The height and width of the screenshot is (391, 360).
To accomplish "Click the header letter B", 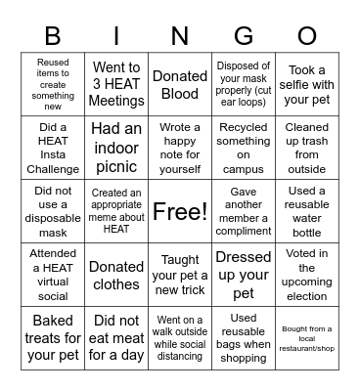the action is (x=53, y=37).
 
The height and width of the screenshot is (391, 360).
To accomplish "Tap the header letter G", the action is (x=244, y=37).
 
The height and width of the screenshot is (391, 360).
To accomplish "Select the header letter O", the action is (x=307, y=37).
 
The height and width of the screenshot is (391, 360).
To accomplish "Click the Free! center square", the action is (x=180, y=211).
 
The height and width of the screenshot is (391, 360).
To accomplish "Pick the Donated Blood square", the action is (x=180, y=84).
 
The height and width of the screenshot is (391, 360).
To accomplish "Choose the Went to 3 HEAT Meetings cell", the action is (x=116, y=84).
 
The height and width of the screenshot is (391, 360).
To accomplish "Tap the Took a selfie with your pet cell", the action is (x=307, y=84).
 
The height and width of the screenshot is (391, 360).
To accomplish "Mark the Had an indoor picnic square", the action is (x=116, y=148).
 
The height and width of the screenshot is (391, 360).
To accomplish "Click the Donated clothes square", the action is (x=116, y=275).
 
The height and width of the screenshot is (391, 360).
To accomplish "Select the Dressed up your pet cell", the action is (x=244, y=275).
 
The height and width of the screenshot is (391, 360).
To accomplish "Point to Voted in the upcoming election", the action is (x=307, y=275).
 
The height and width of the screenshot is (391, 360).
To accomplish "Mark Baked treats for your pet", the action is (x=53, y=338).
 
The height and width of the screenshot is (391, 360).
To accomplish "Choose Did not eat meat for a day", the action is (x=116, y=338).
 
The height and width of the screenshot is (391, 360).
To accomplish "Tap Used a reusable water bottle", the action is (x=307, y=211).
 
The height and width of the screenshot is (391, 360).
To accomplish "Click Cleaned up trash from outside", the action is (x=307, y=148).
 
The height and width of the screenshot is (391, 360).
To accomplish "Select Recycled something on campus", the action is (x=244, y=148).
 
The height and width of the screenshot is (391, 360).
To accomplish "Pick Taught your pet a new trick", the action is (x=180, y=275).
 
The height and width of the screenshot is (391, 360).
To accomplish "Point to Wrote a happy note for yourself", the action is (x=180, y=148).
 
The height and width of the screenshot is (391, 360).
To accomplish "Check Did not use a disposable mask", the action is (x=53, y=211).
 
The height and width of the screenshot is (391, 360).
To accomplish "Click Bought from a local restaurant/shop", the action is (x=307, y=338).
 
